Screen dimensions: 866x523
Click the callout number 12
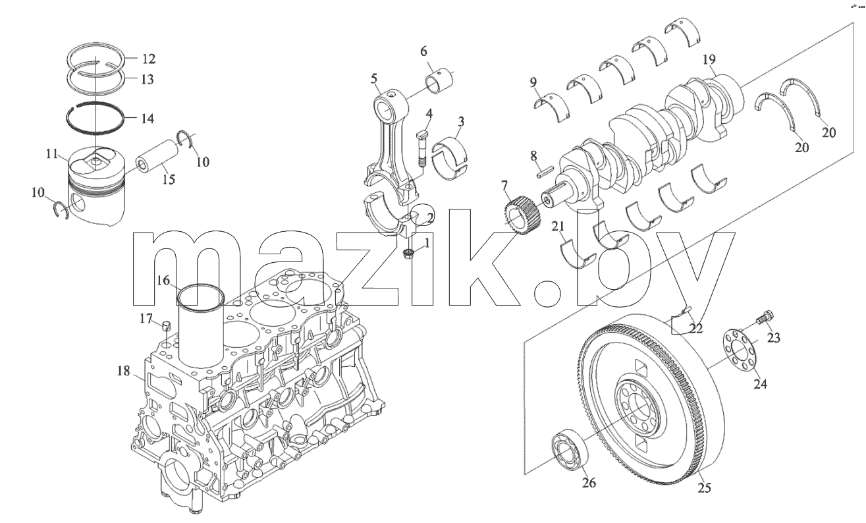click(148, 59)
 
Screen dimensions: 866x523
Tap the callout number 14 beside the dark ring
click(148, 119)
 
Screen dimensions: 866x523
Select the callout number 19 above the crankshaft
click(709, 59)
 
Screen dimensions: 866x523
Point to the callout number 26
click(589, 482)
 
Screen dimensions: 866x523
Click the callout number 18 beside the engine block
click(124, 371)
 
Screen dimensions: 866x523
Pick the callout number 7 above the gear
click(504, 186)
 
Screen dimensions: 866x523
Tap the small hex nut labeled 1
click(408, 254)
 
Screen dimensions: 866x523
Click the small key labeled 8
click(546, 172)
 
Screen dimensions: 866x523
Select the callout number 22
click(696, 328)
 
